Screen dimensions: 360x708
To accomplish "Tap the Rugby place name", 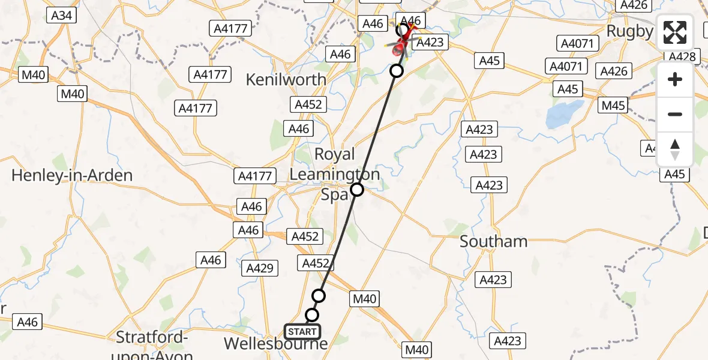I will tap(629, 31).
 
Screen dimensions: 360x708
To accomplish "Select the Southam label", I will tap(494, 241).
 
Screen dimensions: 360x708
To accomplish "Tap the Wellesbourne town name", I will tap(276, 344).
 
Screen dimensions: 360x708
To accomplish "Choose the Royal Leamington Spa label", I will tap(334, 174).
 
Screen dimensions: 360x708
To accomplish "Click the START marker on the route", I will tap(302, 332).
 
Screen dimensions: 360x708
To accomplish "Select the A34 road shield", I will tap(62, 15).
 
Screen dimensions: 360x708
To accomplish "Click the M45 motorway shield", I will tap(613, 106).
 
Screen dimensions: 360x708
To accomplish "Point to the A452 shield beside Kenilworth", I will tap(309, 104).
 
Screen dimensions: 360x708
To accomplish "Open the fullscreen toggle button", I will tap(675, 33).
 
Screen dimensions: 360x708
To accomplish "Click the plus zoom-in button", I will tap(675, 80).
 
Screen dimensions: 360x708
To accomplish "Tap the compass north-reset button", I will tap(675, 149).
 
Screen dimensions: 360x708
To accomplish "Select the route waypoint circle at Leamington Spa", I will tap(357, 190).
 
